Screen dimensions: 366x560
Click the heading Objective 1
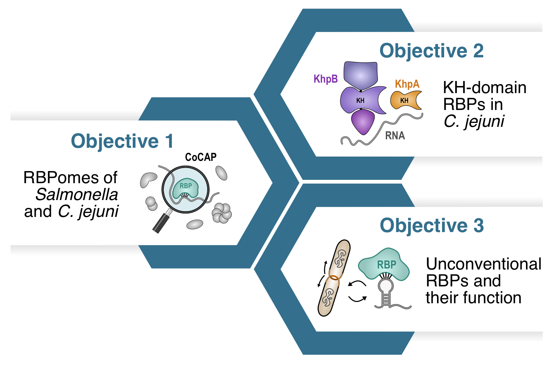coord(122,141)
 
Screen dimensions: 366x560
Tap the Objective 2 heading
coord(431,51)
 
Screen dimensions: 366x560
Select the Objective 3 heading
coord(432,225)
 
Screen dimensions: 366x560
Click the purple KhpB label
coord(325,79)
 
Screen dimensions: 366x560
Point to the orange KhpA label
coord(407,84)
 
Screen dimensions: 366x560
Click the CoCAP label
coord(201,157)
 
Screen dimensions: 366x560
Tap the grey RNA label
coord(395,136)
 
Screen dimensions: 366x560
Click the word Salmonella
coord(77,195)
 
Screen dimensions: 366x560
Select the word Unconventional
coord(484,264)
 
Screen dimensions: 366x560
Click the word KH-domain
coord(485,88)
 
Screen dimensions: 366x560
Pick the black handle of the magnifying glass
coord(161,222)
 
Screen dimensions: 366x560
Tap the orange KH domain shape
coord(405,100)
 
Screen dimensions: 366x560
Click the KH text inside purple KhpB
coord(360,101)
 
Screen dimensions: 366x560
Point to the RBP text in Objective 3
coord(386,265)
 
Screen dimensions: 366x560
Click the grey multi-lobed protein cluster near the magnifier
coord(221,213)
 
